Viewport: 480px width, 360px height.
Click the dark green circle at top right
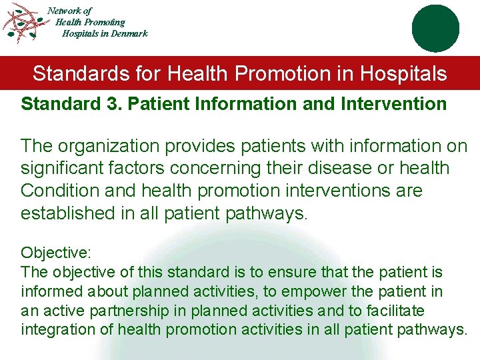(435, 28)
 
